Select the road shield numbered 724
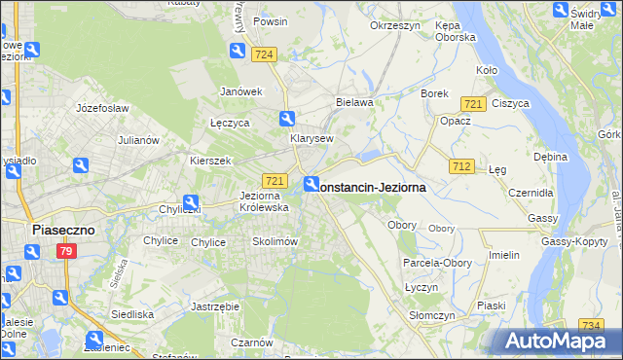tap(262, 55)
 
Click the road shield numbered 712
tap(461, 167)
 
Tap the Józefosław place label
tap(102, 108)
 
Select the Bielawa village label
tap(354, 101)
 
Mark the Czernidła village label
tap(531, 193)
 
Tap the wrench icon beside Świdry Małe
tap(561, 11)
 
